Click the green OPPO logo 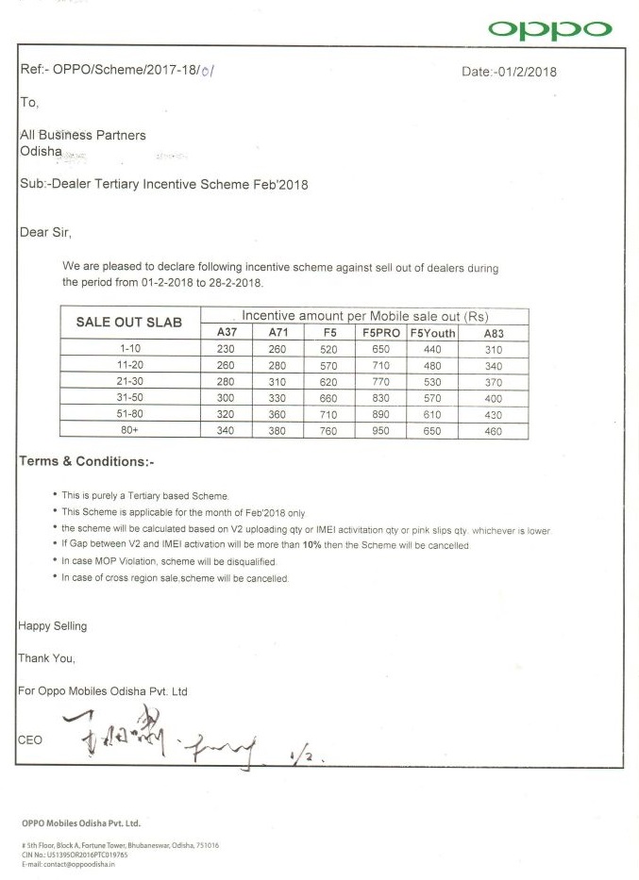pyautogui.click(x=550, y=30)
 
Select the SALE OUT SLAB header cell pyautogui.click(x=128, y=323)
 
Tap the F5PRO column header pyautogui.click(x=380, y=333)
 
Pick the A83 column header pyautogui.click(x=493, y=333)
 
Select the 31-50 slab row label pyautogui.click(x=130, y=398)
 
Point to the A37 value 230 pyautogui.click(x=226, y=349)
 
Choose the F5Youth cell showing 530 pyautogui.click(x=432, y=382)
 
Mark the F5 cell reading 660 pyautogui.click(x=329, y=398)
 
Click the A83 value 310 pyautogui.click(x=493, y=349)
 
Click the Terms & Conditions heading pyautogui.click(x=86, y=462)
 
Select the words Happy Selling pyautogui.click(x=53, y=625)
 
